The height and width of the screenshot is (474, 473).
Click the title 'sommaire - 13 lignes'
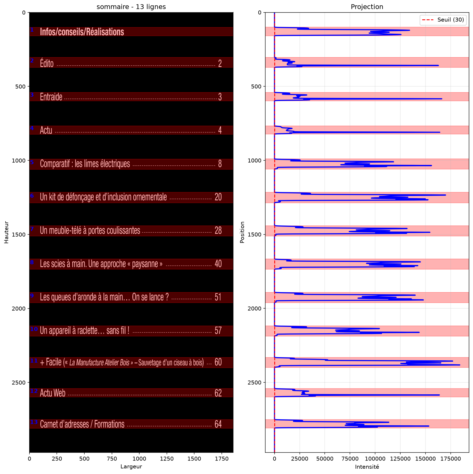[131, 7]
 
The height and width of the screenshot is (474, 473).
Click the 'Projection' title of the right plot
[367, 7]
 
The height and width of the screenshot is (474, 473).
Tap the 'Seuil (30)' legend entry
[450, 20]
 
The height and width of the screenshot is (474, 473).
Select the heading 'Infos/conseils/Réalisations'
[82, 32]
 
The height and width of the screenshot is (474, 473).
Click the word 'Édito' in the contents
[47, 63]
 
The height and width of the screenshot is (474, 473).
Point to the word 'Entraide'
[51, 97]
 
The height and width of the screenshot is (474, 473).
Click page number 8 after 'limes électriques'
[220, 164]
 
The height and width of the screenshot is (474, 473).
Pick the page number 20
[218, 197]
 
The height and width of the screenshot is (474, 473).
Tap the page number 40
[218, 263]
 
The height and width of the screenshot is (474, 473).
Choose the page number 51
[218, 297]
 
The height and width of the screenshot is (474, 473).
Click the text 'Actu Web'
[53, 393]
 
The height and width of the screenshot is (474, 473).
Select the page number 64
[218, 424]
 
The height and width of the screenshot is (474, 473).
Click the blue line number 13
[34, 422]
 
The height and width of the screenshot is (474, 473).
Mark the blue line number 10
[34, 329]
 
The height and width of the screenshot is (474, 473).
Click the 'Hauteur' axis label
[6, 232]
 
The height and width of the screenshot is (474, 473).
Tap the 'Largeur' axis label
[131, 467]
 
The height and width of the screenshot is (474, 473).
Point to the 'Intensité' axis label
[367, 467]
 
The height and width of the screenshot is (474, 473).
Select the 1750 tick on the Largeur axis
[222, 459]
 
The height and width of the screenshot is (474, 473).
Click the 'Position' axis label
[242, 232]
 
